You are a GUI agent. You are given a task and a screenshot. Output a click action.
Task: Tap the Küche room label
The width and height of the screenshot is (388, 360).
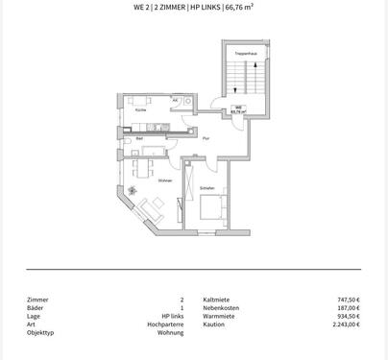pos(141,110)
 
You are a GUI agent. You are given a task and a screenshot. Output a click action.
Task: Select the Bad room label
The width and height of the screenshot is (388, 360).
pos(140,139)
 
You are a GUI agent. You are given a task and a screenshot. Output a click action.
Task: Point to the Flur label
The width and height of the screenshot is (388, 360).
pos(206,140)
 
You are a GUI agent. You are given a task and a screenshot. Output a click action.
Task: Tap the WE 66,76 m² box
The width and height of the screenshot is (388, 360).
pos(238,109)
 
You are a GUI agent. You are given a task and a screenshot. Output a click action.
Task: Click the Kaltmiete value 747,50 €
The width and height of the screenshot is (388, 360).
pos(346,300)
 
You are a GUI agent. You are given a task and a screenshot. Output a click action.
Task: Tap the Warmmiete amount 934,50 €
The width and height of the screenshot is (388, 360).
pos(346,316)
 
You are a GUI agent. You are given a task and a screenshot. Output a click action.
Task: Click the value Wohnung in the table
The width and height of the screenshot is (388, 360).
pos(170,332)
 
